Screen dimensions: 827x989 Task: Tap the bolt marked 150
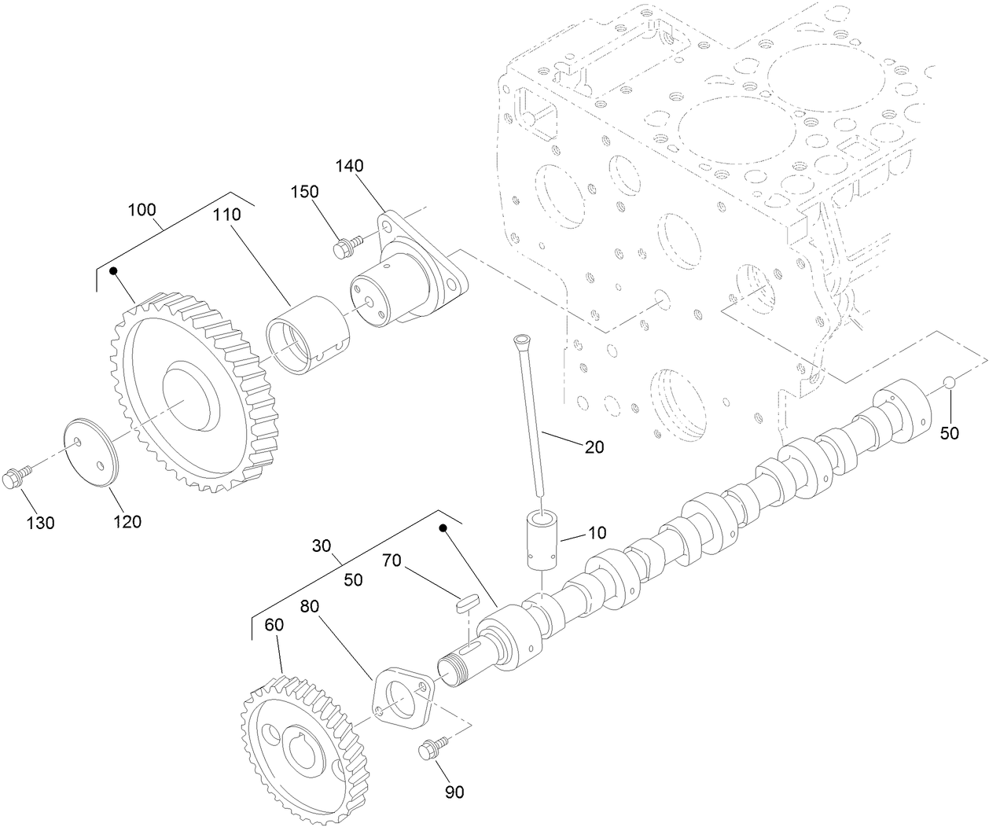point(344,248)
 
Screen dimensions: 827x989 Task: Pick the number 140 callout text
point(350,166)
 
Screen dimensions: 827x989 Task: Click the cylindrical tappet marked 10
point(540,538)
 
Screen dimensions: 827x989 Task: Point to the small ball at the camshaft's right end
point(949,382)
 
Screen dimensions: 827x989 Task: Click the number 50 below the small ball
point(950,432)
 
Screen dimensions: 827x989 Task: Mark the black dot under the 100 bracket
point(114,271)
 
